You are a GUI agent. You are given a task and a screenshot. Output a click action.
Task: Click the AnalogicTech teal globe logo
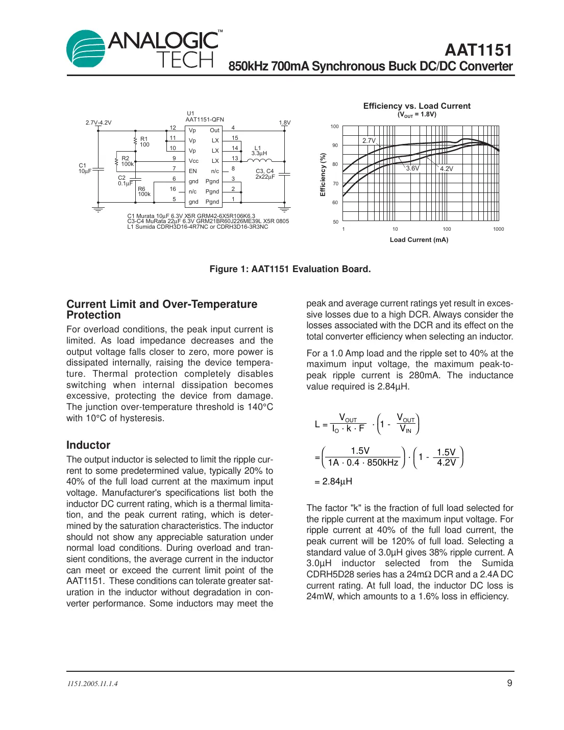click(86, 48)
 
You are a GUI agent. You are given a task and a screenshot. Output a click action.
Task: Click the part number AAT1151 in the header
click(478, 50)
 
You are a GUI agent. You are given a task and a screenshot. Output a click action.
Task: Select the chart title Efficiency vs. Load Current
click(416, 106)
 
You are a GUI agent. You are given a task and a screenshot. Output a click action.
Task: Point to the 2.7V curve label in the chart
click(369, 140)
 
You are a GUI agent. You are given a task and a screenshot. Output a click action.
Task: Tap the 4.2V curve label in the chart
click(446, 168)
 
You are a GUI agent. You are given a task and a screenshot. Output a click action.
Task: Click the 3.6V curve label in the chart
click(412, 168)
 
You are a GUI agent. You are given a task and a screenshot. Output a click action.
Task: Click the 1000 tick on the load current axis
click(498, 229)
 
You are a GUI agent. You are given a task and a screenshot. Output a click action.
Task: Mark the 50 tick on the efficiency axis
click(335, 222)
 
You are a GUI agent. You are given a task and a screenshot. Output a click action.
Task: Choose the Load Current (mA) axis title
click(419, 239)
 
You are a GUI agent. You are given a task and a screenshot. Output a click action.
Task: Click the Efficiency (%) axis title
click(323, 175)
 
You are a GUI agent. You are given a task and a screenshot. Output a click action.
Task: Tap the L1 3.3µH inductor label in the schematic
click(259, 151)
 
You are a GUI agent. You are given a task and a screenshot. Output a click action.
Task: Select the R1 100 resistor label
click(144, 141)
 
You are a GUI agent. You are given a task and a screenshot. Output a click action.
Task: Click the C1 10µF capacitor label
click(84, 168)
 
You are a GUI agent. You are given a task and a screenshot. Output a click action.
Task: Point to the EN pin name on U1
click(192, 171)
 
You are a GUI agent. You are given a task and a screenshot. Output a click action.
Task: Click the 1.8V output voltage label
click(284, 123)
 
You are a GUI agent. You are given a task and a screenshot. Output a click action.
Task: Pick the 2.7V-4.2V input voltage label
click(98, 123)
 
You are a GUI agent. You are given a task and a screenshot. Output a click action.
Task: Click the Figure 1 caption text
click(290, 269)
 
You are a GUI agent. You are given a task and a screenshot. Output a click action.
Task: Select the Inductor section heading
click(88, 445)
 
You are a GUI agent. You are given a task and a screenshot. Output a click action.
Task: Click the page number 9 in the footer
click(509, 683)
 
